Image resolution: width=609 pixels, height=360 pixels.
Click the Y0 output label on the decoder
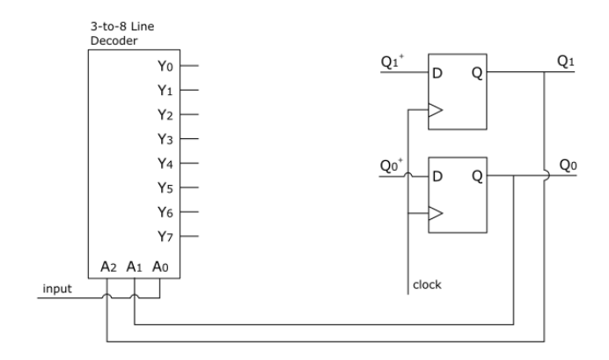pyautogui.click(x=165, y=66)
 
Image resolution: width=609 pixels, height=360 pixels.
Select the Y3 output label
pyautogui.click(x=165, y=139)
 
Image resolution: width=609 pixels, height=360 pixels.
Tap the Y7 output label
pyautogui.click(x=165, y=237)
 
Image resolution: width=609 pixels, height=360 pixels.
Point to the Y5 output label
pyautogui.click(x=165, y=187)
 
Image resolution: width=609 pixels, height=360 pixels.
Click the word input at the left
pyautogui.click(x=56, y=288)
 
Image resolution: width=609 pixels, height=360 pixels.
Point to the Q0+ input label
pyautogui.click(x=393, y=165)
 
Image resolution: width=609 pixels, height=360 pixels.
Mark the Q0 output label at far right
pyautogui.click(x=569, y=164)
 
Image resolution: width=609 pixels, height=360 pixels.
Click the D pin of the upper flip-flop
pyautogui.click(x=437, y=74)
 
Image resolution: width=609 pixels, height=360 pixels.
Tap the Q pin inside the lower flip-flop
pyautogui.click(x=475, y=175)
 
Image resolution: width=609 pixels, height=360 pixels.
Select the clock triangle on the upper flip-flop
pyautogui.click(x=435, y=111)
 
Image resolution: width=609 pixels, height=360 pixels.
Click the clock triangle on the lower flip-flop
pyautogui.click(x=435, y=212)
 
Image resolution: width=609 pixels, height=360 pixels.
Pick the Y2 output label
pyautogui.click(x=165, y=114)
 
